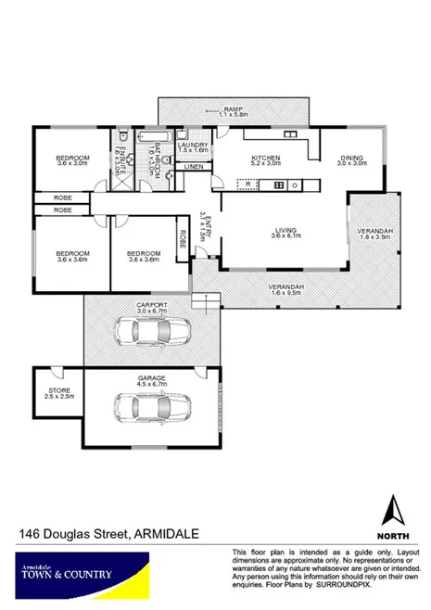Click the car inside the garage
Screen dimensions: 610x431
[152, 405]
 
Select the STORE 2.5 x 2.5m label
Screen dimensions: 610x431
[58, 393]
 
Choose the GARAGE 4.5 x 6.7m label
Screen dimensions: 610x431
[152, 380]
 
